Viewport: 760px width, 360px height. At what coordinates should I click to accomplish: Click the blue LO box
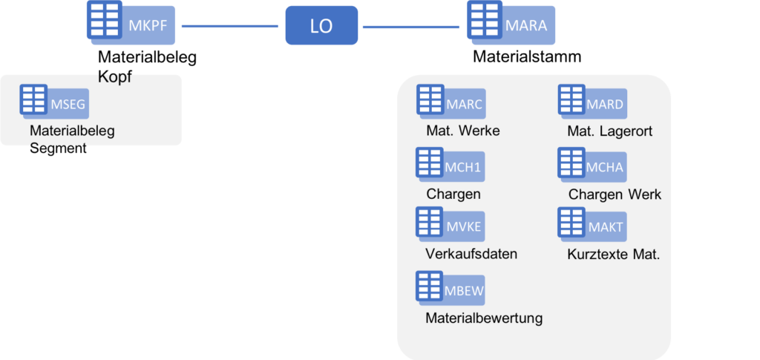pos(321,26)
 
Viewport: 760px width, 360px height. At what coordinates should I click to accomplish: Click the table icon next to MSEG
pos(33,99)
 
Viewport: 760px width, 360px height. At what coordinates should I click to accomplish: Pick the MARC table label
pos(464,105)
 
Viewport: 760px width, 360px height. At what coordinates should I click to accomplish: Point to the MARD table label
pos(605,105)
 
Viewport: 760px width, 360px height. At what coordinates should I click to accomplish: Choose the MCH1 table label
pos(464,168)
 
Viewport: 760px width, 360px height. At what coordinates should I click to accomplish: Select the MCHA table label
pos(605,167)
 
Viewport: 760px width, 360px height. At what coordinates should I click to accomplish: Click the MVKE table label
pos(464,226)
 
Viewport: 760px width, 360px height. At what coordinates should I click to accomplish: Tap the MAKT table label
pos(605,226)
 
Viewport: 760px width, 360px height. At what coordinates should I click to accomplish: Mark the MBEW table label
pos(465,290)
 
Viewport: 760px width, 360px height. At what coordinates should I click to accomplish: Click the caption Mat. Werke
pos(462,131)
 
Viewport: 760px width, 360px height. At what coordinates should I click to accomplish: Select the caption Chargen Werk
pos(615,194)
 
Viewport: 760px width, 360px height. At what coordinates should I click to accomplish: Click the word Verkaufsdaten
pos(471,254)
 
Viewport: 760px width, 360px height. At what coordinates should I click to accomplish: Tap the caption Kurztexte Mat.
pos(613,254)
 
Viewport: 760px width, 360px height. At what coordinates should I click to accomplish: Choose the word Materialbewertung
pos(483,318)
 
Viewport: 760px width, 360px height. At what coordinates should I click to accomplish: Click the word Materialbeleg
pos(72,131)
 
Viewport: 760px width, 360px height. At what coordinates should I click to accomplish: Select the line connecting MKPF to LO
pos(229,27)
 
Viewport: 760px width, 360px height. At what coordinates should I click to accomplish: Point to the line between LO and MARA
pos(410,27)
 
